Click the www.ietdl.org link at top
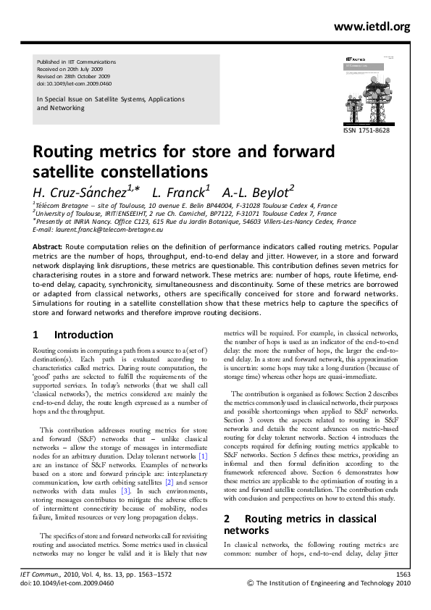372,26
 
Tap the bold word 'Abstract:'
48,247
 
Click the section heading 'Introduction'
84,335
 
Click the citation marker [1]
203,456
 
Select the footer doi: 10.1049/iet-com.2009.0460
67,582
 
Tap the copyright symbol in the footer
251,582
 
